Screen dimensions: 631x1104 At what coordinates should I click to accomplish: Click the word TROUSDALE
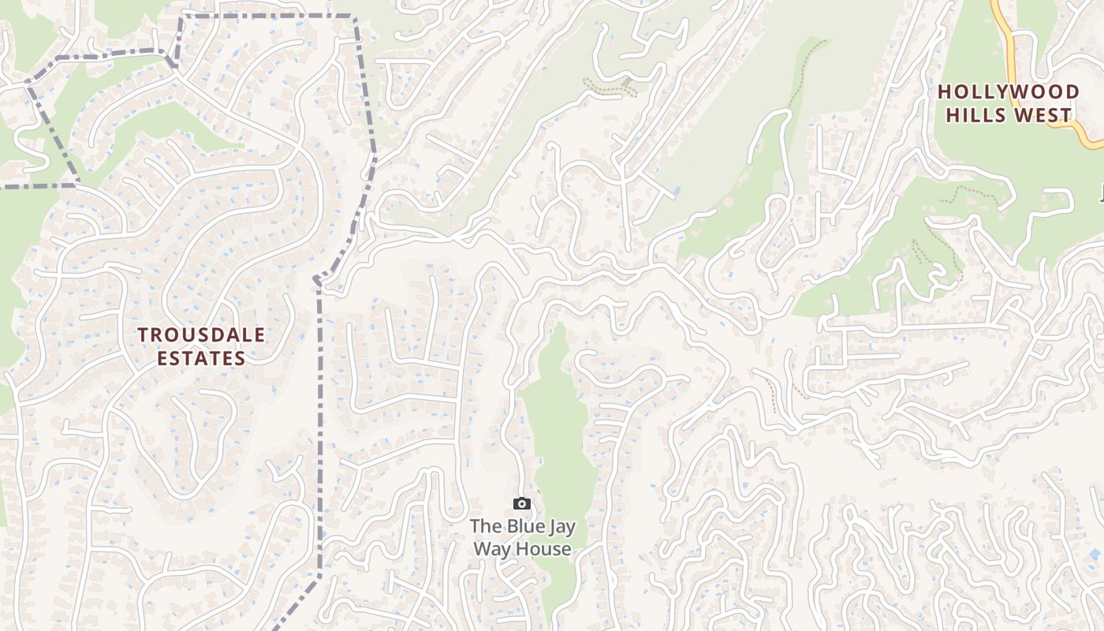click(201, 335)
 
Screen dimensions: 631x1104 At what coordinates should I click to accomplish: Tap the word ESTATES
click(201, 358)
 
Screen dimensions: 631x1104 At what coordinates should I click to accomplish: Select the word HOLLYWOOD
click(1008, 92)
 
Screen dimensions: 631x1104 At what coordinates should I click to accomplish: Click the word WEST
click(1046, 115)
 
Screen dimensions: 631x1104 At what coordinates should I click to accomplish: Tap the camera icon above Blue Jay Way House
click(521, 504)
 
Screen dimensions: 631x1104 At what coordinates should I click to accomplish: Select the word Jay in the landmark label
click(561, 527)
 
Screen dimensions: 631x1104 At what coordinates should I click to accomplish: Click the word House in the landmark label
click(544, 548)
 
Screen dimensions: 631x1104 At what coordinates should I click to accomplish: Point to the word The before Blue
click(484, 526)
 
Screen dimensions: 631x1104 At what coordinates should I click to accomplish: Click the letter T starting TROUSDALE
click(143, 335)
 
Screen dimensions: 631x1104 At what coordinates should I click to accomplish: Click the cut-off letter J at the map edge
click(1101, 192)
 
